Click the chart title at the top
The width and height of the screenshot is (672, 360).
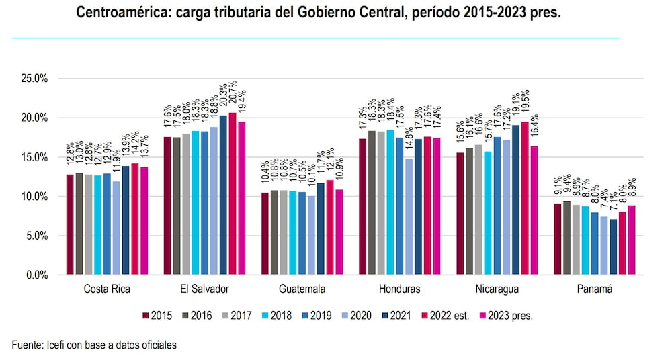pyautogui.click(x=318, y=13)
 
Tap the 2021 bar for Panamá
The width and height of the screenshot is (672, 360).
pyautogui.click(x=613, y=246)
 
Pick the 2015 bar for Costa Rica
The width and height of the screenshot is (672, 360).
pyautogui.click(x=71, y=224)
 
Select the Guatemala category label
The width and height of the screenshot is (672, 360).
pyautogui.click(x=302, y=289)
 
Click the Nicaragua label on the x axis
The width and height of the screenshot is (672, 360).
pyautogui.click(x=497, y=289)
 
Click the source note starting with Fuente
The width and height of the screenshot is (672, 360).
pyautogui.click(x=94, y=345)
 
